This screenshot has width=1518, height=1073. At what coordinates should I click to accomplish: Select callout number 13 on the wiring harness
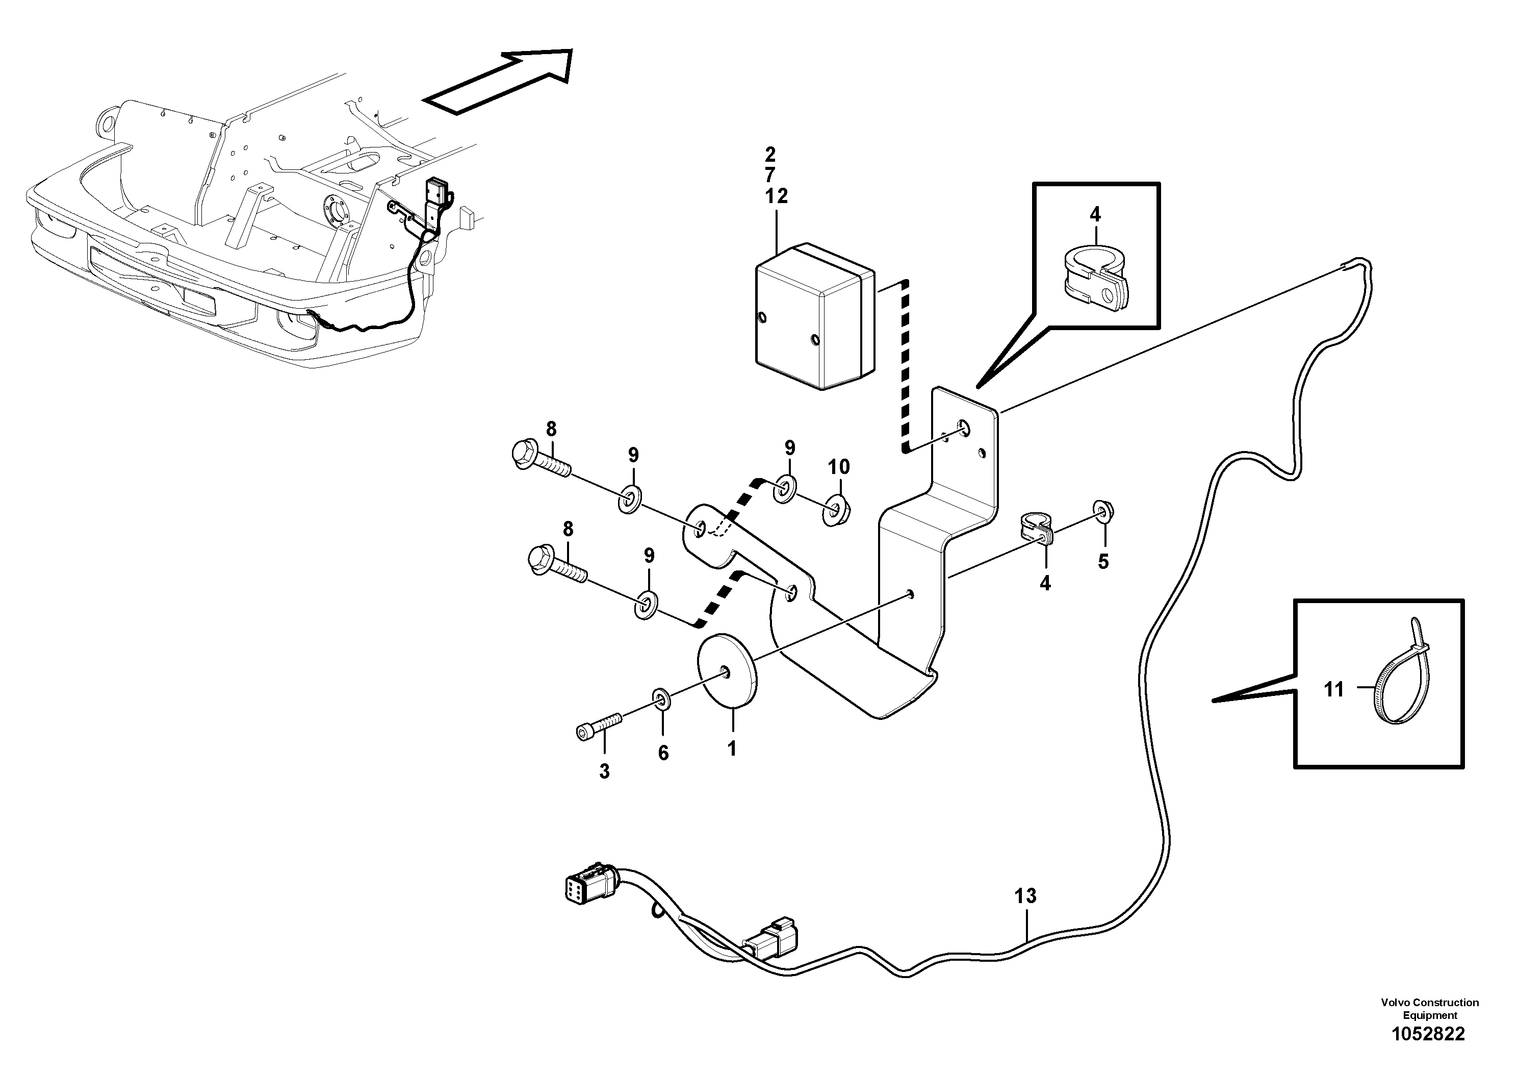(x=1025, y=896)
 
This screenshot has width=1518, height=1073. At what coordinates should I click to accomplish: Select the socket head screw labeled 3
(x=598, y=725)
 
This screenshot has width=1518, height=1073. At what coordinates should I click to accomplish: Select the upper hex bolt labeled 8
(x=541, y=462)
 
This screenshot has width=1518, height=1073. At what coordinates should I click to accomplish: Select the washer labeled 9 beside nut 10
(x=785, y=488)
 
